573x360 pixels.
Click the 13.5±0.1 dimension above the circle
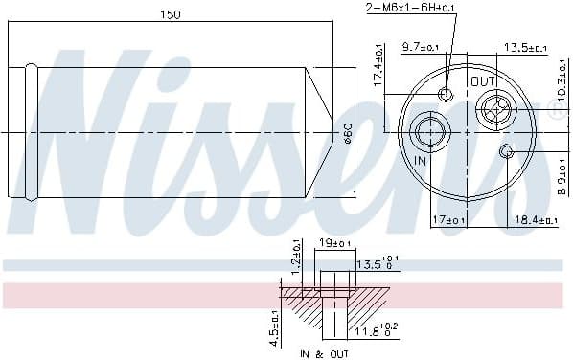pos(524,47)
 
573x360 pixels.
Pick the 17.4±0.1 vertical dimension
pos(379,67)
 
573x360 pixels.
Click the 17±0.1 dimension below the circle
pos(449,221)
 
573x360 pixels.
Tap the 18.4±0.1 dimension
pos(535,221)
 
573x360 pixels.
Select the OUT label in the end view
pos(483,82)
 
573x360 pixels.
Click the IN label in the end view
pos(419,161)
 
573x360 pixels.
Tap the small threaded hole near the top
pos(446,94)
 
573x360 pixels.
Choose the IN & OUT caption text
pos(325,353)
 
